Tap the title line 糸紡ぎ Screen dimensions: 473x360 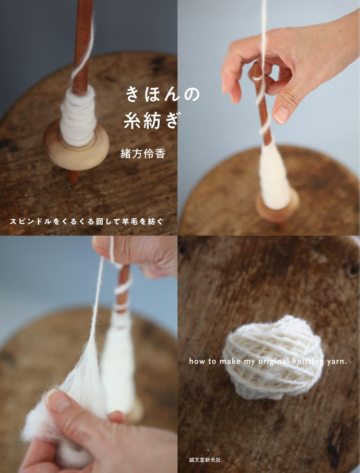point(151,121)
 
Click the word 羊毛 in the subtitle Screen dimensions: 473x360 point(134,221)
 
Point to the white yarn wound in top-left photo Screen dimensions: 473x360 point(78,116)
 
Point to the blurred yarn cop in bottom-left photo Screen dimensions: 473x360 point(118,365)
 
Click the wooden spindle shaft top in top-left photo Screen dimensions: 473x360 point(82,21)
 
